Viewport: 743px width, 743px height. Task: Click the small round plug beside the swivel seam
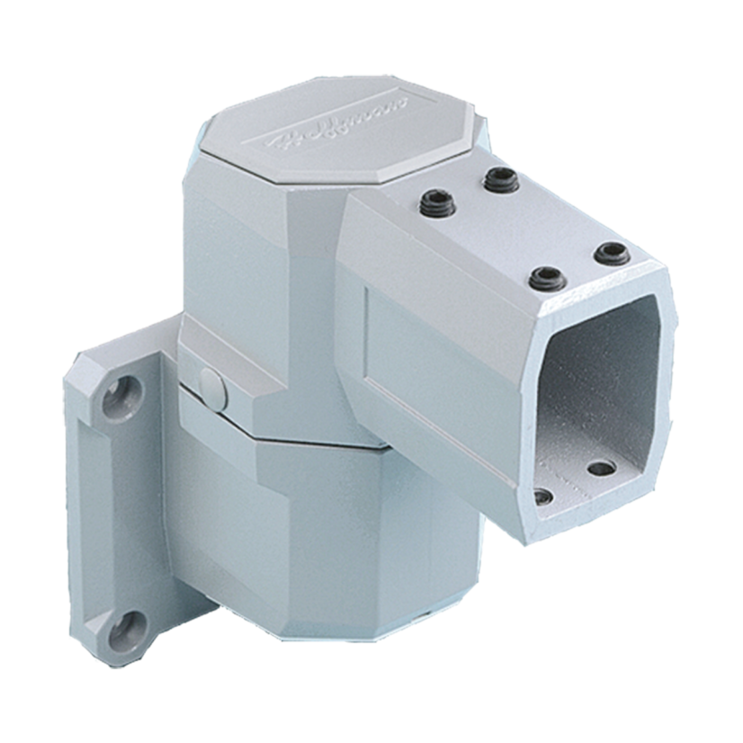(210, 384)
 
